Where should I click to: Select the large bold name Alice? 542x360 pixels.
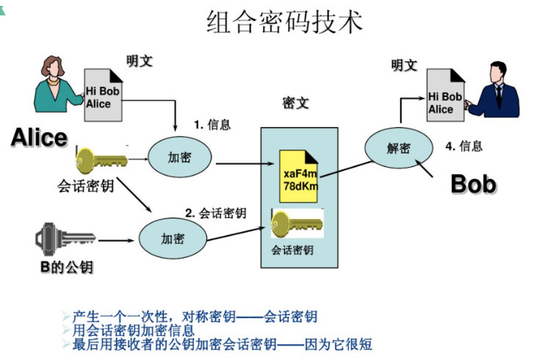[39, 137]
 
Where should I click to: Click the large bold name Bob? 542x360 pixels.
[473, 184]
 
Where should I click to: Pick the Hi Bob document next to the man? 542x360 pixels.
[445, 96]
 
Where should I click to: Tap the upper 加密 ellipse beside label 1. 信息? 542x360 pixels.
[180, 156]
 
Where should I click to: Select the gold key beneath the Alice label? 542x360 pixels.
[100, 159]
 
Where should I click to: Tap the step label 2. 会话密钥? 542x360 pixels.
[215, 213]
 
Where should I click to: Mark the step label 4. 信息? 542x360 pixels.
[464, 146]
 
